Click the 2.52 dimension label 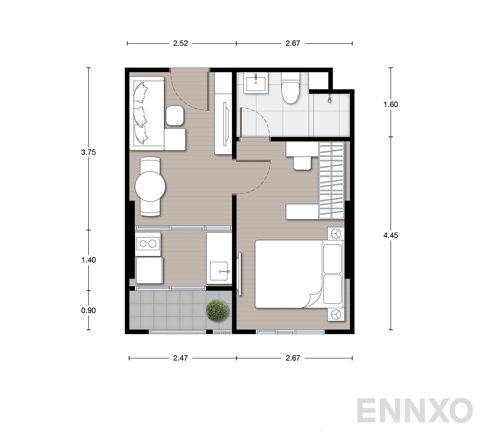pyautogui.click(x=180, y=43)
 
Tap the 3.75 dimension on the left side pyautogui.click(x=88, y=152)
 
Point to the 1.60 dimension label pyautogui.click(x=391, y=104)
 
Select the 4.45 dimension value pyautogui.click(x=391, y=235)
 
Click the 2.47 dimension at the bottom pyautogui.click(x=180, y=358)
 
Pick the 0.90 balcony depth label pyautogui.click(x=88, y=310)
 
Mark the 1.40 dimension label pyautogui.click(x=88, y=260)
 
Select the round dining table pyautogui.click(x=150, y=186)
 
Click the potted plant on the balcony pyautogui.click(x=217, y=310)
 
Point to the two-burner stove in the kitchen pyautogui.click(x=148, y=243)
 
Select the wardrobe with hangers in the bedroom pyautogui.click(x=331, y=180)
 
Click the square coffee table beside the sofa pyautogui.click(x=175, y=116)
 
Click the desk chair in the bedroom pyautogui.click(x=302, y=163)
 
